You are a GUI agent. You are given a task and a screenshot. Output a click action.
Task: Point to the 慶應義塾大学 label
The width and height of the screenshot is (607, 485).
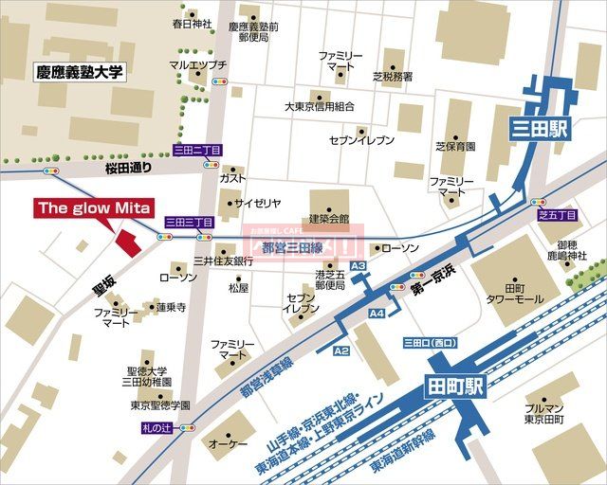[81, 71]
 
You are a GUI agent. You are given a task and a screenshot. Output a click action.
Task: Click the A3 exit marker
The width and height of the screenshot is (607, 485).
[358, 267]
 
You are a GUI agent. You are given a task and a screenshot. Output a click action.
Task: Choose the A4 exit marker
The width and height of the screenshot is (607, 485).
[377, 313]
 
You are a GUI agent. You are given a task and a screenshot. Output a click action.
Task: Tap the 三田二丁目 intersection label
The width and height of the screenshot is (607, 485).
[196, 150]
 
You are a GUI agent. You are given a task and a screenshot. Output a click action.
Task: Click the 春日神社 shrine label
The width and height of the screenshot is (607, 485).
[193, 24]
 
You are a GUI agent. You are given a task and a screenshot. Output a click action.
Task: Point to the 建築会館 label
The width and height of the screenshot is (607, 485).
[329, 219]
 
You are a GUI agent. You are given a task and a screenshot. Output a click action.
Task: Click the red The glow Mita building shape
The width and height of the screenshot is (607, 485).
[125, 241]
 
